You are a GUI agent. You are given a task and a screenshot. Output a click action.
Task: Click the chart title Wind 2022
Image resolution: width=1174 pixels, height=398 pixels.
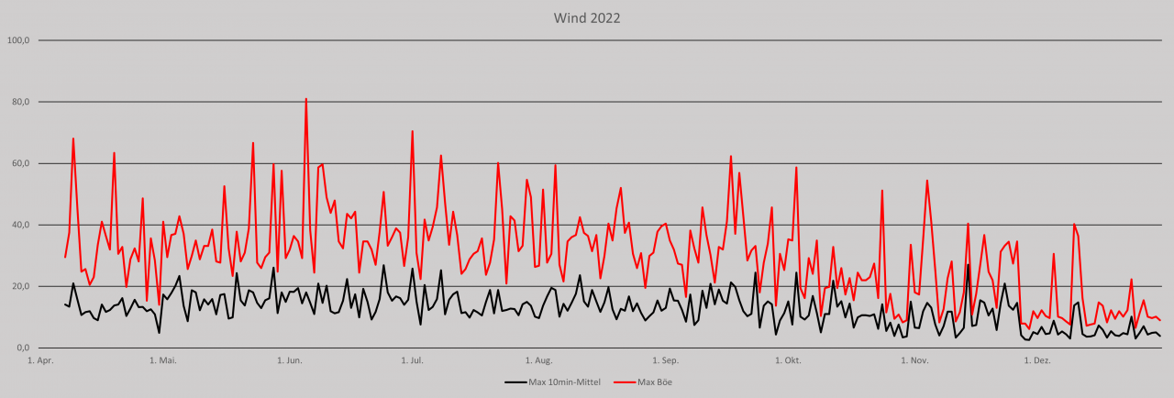(587, 17)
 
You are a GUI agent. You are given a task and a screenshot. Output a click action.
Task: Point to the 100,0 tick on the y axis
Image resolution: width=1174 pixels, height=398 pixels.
(18, 40)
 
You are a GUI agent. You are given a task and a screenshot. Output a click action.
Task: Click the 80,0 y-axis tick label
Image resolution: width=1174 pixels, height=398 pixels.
(20, 102)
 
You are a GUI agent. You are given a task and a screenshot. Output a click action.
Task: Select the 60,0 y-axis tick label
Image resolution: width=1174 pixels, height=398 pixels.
(20, 163)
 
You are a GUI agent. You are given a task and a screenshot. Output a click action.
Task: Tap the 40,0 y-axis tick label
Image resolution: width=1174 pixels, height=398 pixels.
(20, 225)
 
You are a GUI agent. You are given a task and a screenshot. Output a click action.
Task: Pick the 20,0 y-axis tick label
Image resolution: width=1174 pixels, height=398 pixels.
(20, 286)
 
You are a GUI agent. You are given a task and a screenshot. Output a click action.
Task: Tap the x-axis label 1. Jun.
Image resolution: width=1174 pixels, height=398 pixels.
(289, 360)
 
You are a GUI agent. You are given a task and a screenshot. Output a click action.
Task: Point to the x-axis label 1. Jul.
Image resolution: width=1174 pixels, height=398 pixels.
(412, 360)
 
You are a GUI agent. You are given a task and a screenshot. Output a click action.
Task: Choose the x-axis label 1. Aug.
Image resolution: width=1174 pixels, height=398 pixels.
(538, 360)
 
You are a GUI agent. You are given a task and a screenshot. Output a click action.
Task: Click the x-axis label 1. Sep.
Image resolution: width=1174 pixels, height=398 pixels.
(665, 360)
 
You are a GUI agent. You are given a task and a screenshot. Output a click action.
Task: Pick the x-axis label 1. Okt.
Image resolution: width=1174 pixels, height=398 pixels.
(787, 360)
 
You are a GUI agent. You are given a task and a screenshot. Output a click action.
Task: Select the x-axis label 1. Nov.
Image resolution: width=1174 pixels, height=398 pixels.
(914, 360)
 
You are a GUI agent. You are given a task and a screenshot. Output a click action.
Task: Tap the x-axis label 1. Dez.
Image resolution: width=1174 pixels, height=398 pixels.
(1036, 360)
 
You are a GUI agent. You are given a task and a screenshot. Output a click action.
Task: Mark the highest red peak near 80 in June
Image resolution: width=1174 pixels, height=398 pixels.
(305, 99)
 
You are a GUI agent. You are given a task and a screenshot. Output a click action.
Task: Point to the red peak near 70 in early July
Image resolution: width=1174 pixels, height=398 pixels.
(413, 131)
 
